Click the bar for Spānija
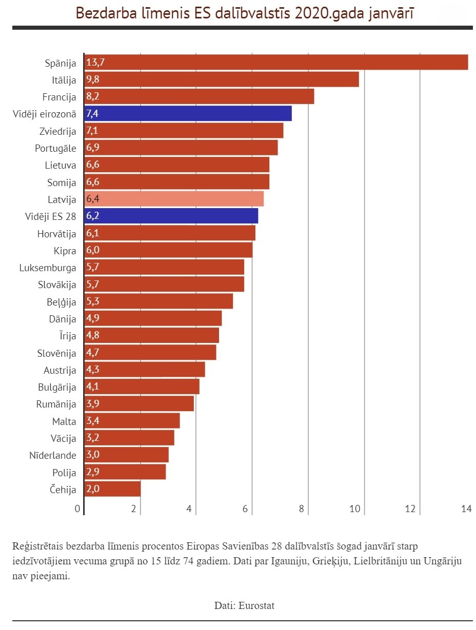point(276,63)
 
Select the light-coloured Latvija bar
point(174,199)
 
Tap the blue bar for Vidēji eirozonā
point(188,114)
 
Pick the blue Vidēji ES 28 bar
point(171,216)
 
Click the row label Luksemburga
point(48,268)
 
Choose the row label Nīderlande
point(52,455)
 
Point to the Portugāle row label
point(55,148)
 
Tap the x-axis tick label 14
point(466,509)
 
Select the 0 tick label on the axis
point(77,509)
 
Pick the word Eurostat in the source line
point(256,605)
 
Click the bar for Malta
point(132,421)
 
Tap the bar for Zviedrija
point(184,131)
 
